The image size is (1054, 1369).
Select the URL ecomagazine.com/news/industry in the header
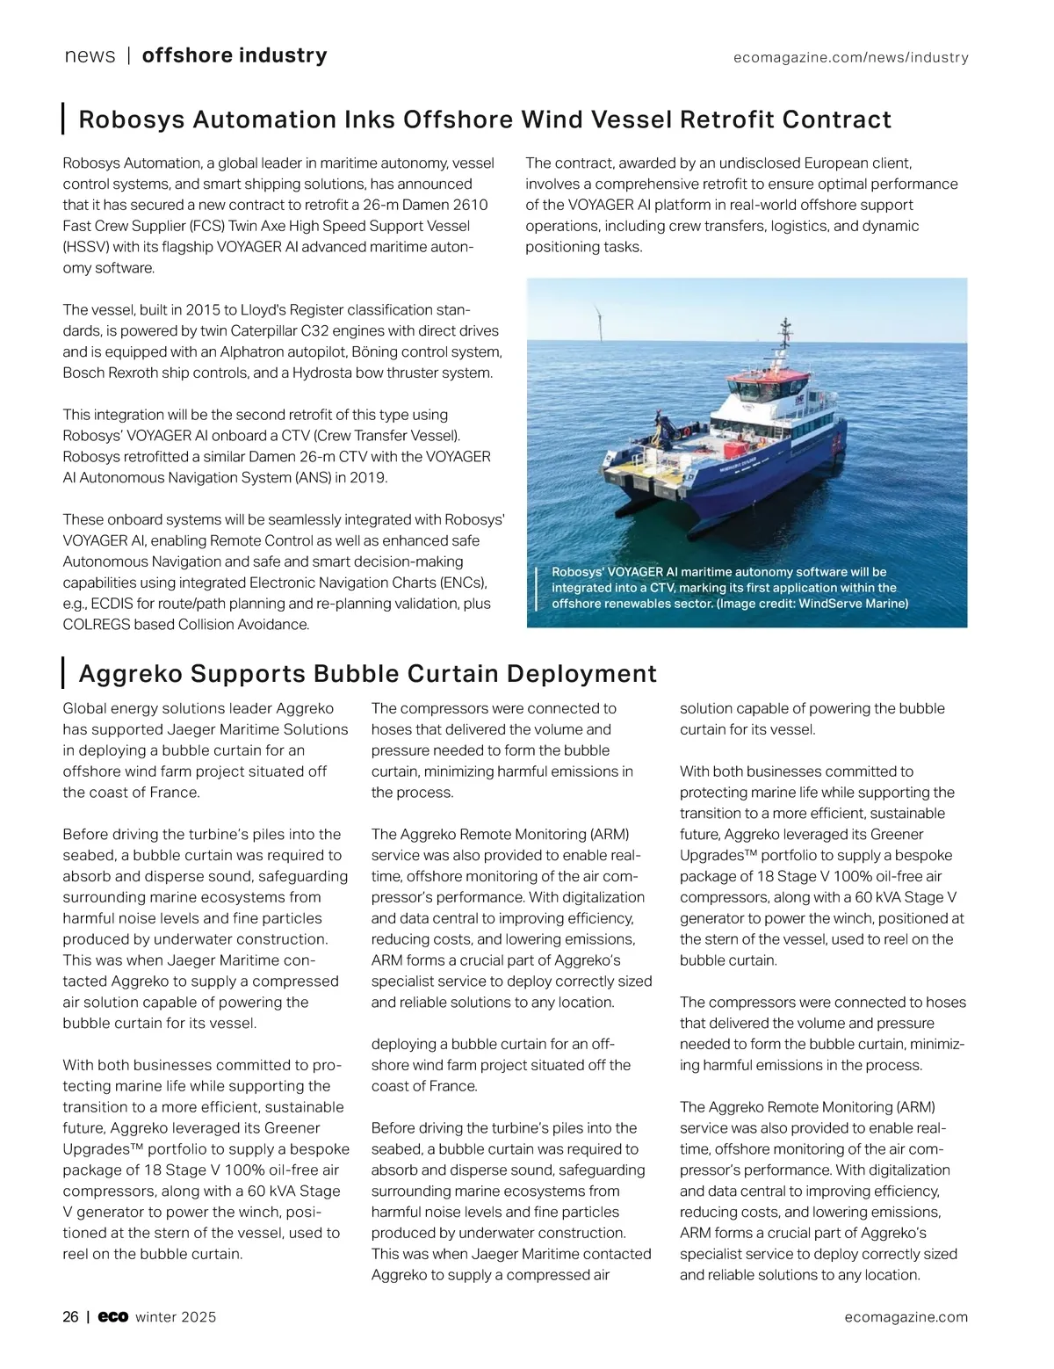pyautogui.click(x=850, y=58)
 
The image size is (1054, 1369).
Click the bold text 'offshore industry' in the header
pyautogui.click(x=235, y=55)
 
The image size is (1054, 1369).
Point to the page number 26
pyautogui.click(x=70, y=1316)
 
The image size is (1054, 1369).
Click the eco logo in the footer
pyautogui.click(x=113, y=1316)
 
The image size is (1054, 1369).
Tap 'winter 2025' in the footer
pyautogui.click(x=176, y=1316)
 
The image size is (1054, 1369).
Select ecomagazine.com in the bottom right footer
pyautogui.click(x=906, y=1316)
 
